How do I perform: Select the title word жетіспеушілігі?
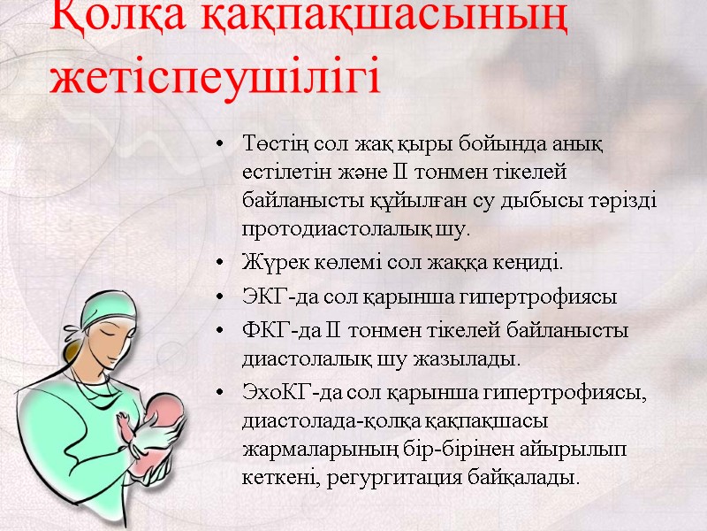(216, 77)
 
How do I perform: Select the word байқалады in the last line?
(538, 479)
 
